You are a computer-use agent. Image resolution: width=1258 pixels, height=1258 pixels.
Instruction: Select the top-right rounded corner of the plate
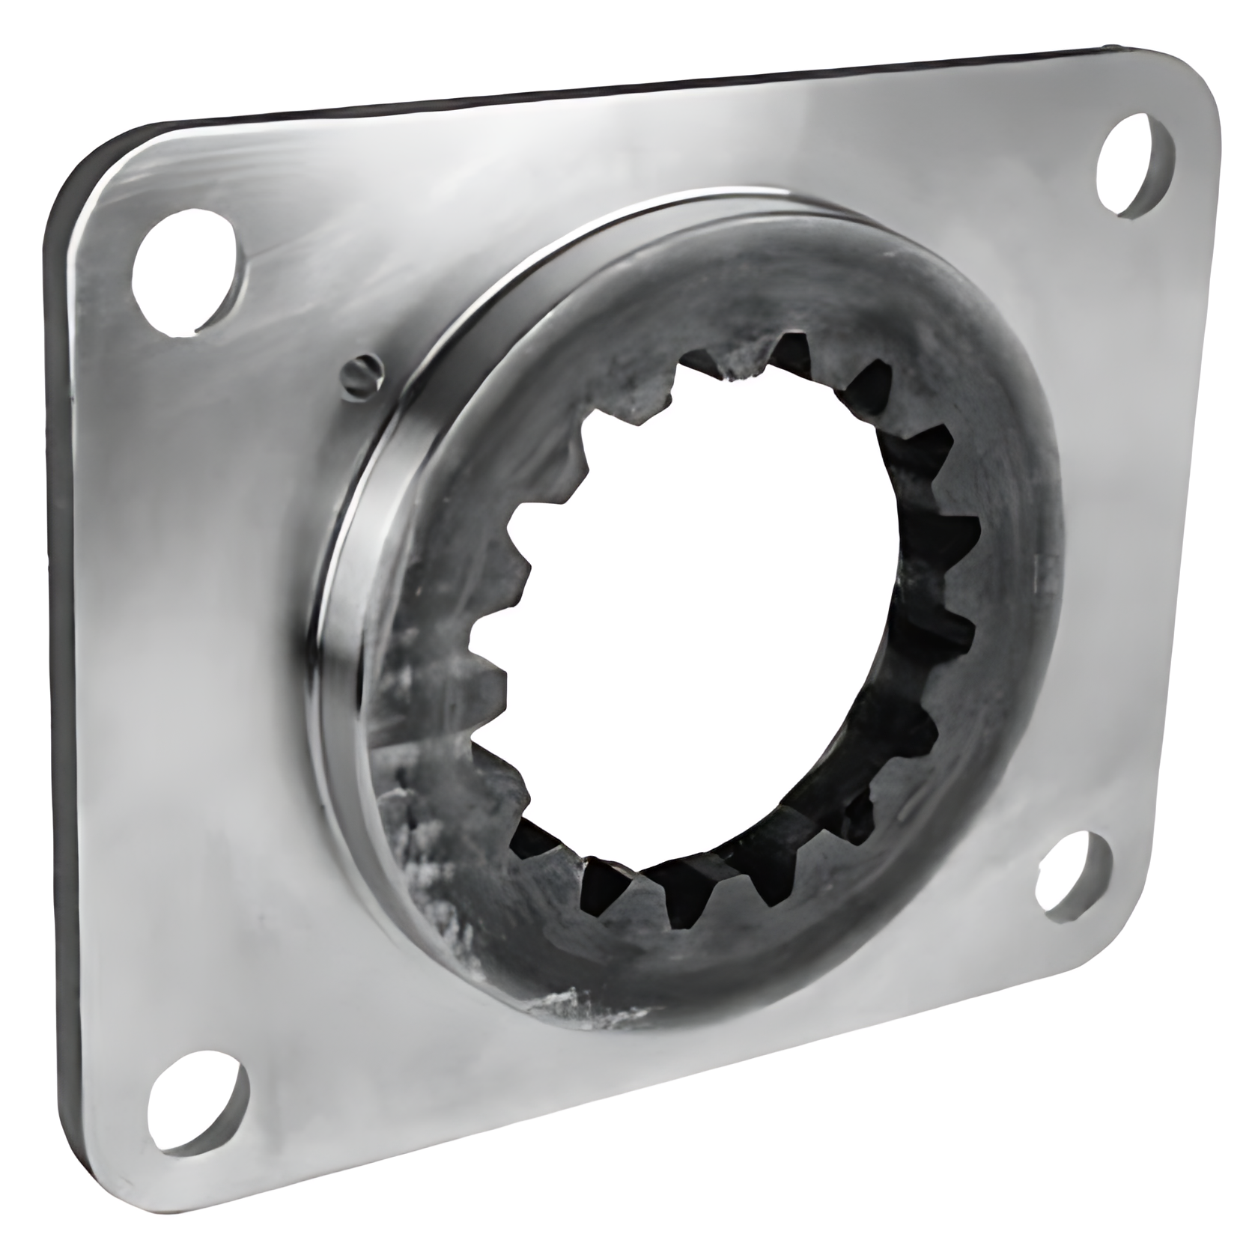tap(1191, 82)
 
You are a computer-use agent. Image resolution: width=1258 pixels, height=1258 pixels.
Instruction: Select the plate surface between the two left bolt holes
tap(187, 674)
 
